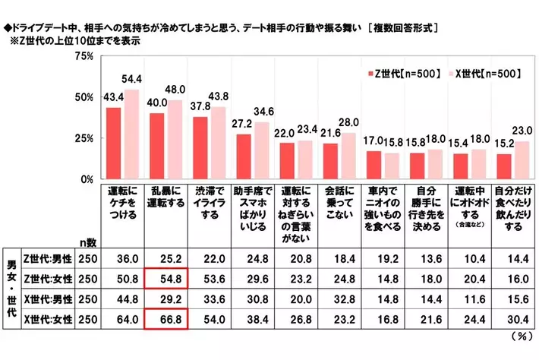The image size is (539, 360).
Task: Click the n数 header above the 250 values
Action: (88, 242)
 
